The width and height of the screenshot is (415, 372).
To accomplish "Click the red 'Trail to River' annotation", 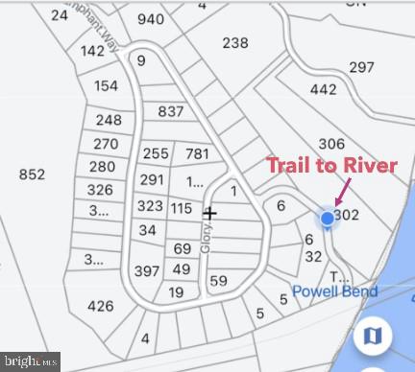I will pos(332,166).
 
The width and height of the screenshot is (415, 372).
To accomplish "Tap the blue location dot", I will pos(328,219).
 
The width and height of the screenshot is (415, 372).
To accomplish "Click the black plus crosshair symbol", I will pos(209,213).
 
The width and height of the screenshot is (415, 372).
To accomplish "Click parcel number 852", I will pos(32,174).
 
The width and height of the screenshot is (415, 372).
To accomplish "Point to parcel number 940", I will pos(151,19).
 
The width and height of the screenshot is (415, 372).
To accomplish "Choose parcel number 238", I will pos(235,42).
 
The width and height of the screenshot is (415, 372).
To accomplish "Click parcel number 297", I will pos(361,67).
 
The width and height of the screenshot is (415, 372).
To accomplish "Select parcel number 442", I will pos(324,89).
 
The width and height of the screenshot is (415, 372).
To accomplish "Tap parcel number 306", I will pos(331,143).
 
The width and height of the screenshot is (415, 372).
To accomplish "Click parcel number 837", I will pos(171,112).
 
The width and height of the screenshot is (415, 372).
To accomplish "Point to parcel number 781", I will pos(197,153).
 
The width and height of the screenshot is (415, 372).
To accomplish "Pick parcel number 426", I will pos(100,306).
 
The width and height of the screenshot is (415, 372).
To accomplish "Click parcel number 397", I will pos(147,271).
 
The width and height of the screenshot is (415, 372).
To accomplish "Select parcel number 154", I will pos(107,85).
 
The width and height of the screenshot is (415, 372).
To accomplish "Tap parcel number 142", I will pos(93,51).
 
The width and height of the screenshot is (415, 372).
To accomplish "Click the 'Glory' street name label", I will pos(205,238).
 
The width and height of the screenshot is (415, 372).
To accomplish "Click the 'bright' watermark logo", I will pos(30,362).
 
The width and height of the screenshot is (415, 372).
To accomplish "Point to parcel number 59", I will pos(218,281).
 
